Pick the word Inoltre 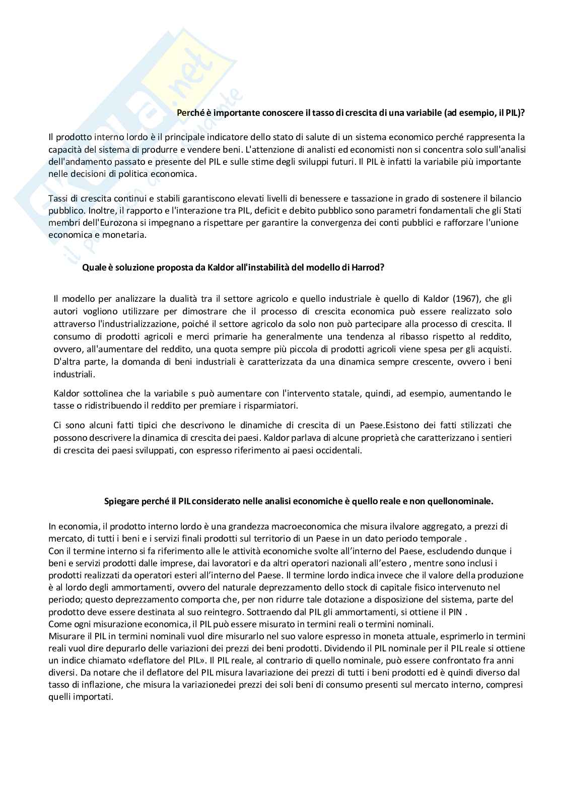(x=97, y=211)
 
